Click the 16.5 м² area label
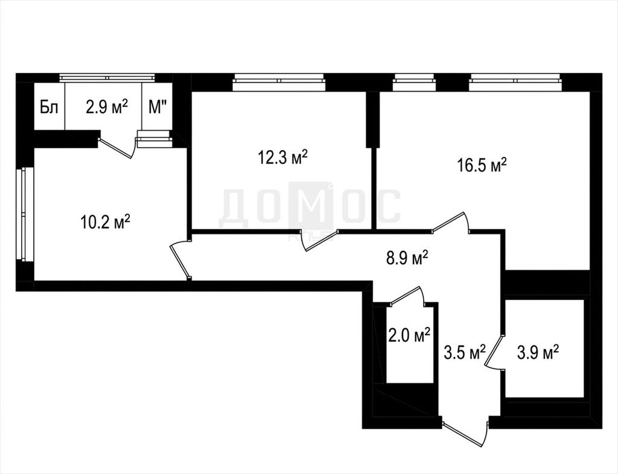click(x=482, y=165)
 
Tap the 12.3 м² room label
click(x=282, y=157)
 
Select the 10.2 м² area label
click(x=105, y=222)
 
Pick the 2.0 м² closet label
click(x=409, y=335)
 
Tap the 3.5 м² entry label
click(x=464, y=353)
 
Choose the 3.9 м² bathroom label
click(x=538, y=352)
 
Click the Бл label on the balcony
click(x=49, y=107)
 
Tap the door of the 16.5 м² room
click(x=451, y=223)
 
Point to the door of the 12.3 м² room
click(x=319, y=240)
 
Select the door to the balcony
click(x=118, y=148)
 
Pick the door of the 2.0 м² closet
click(x=407, y=295)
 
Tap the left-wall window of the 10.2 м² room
click(x=24, y=214)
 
